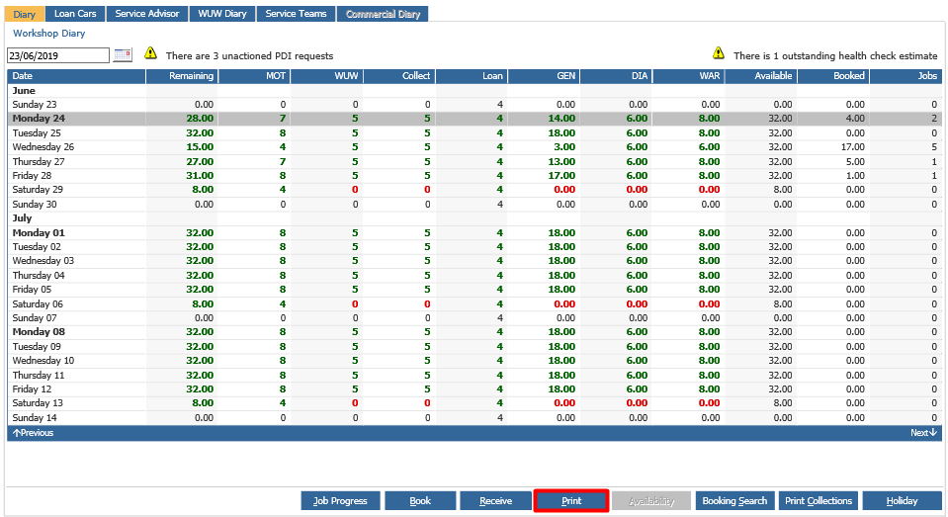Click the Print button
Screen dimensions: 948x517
571,500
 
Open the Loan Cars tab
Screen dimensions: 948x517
75,13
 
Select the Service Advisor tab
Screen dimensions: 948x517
147,13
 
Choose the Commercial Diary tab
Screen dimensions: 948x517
383,13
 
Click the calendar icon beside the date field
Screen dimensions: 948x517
123,55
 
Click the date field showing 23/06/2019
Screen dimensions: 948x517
58,55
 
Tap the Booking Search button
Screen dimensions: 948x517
734,500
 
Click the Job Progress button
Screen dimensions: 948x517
340,500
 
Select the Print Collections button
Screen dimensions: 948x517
819,500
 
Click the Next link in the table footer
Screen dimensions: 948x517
923,433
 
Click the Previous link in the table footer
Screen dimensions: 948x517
34,433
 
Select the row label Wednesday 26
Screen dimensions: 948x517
43,147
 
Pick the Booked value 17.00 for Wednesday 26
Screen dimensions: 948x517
852,147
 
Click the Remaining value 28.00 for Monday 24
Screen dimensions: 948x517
200,119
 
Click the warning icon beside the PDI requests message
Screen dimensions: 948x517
150,53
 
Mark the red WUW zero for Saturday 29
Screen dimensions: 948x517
355,190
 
